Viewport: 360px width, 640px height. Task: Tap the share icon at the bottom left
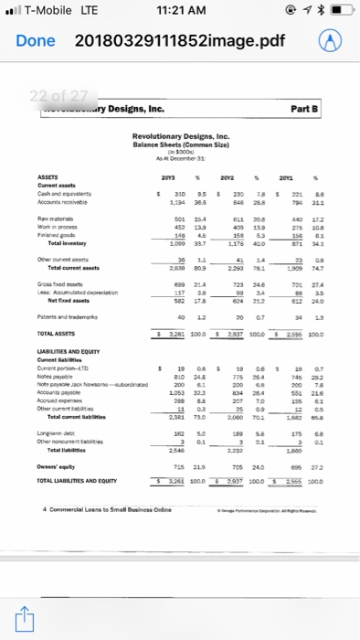(x=25, y=614)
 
